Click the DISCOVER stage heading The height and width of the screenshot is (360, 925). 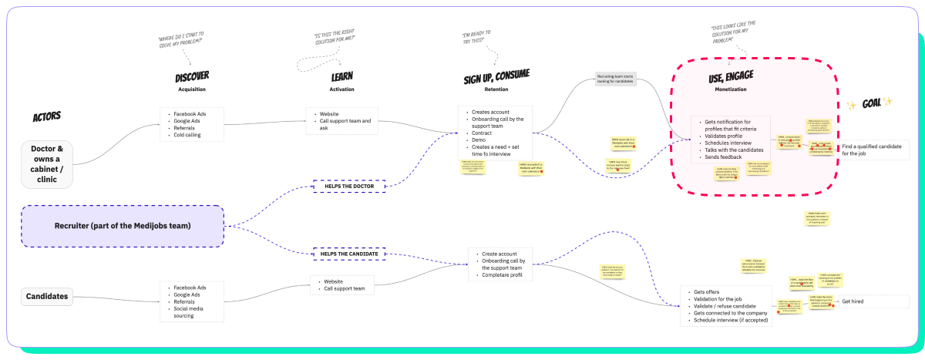192,76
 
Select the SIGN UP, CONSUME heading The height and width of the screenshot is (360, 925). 496,76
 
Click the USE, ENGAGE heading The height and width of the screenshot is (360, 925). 731,76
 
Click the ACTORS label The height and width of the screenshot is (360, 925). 46,117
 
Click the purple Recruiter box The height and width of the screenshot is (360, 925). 123,226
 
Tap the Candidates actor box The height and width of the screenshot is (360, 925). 47,296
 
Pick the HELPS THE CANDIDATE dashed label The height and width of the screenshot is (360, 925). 349,253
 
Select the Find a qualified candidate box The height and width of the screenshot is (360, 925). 874,150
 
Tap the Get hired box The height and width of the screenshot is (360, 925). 874,301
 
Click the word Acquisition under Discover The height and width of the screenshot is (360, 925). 192,89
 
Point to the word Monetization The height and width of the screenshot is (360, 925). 731,89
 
